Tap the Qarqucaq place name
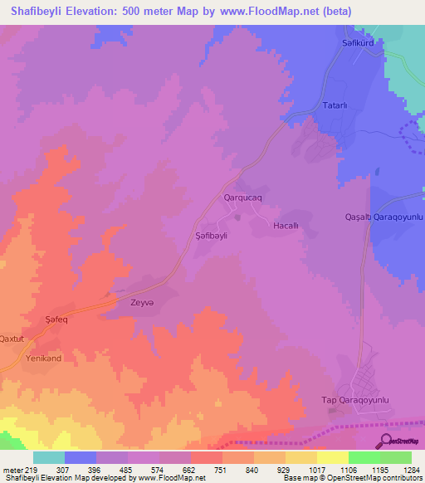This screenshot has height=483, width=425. (x=243, y=198)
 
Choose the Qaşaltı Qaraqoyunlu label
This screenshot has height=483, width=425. (x=384, y=217)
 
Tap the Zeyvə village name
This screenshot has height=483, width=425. (x=143, y=303)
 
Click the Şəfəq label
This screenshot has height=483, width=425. (x=54, y=320)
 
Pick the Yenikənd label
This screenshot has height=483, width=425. (x=44, y=358)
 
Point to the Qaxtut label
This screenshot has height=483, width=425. (x=12, y=339)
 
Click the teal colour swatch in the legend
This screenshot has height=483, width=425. (x=49, y=457)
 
